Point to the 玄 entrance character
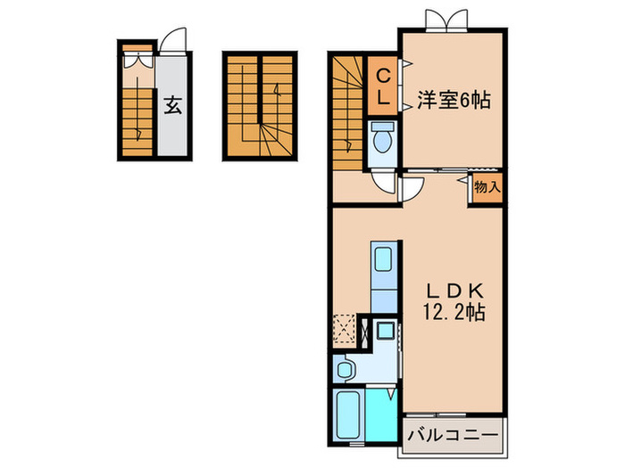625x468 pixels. tap(172, 106)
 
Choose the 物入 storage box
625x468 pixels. tap(487, 187)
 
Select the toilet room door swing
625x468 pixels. tap(385, 181)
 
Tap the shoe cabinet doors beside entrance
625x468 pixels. tap(137, 62)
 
